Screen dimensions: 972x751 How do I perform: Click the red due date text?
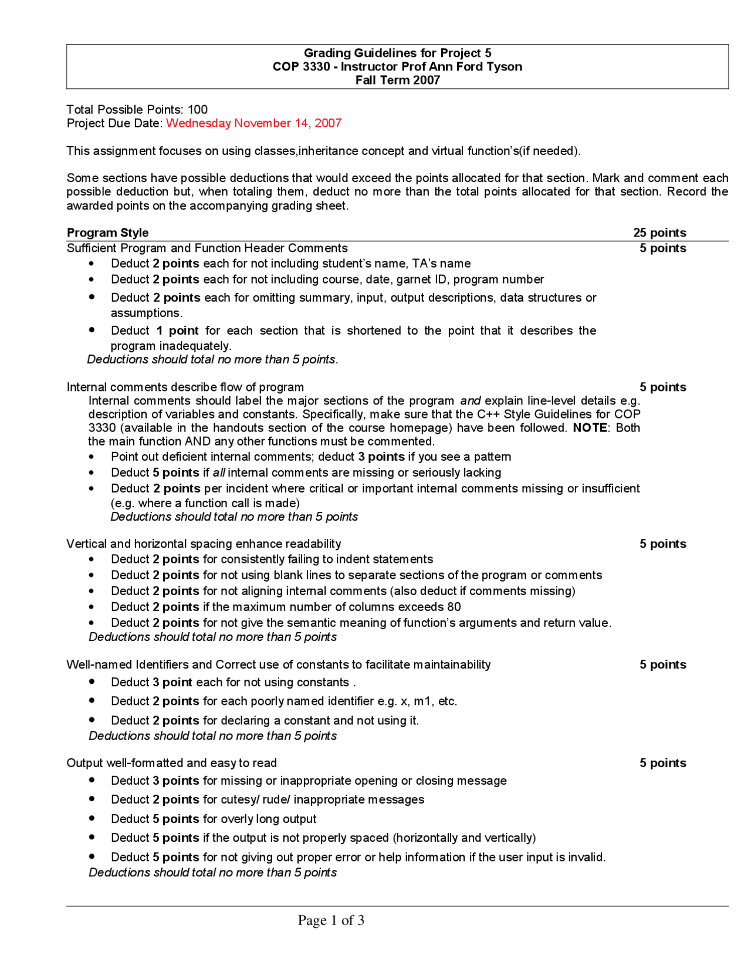click(x=253, y=123)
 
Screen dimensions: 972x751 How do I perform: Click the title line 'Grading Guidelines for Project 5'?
click(x=397, y=53)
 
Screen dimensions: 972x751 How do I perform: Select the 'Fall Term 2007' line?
click(x=397, y=80)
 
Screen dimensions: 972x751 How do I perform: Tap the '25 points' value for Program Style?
click(x=659, y=233)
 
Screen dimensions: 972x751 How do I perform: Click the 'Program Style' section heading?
click(x=108, y=233)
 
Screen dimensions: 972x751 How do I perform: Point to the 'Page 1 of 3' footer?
click(x=331, y=920)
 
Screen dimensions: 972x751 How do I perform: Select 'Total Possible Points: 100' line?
click(x=137, y=110)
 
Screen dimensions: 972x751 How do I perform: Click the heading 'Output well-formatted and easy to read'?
click(x=171, y=763)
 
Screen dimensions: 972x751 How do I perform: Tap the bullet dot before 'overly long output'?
click(x=92, y=818)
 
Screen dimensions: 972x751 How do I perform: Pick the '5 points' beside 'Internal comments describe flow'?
click(x=662, y=387)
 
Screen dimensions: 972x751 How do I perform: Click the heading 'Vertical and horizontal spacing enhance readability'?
click(x=204, y=544)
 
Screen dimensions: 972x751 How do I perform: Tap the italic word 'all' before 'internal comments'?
click(x=219, y=473)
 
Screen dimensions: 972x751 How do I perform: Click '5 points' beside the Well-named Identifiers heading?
click(x=662, y=665)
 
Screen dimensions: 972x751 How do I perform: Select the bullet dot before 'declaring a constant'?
click(x=92, y=719)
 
